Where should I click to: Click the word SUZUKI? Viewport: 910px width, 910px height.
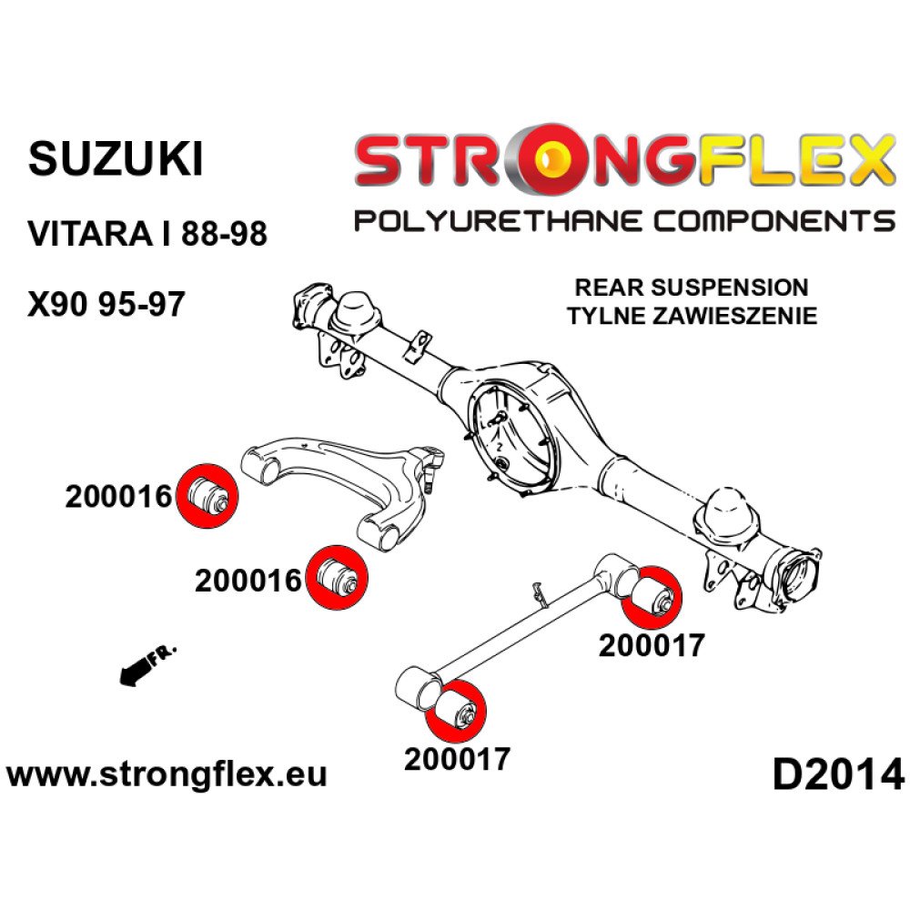click(x=116, y=159)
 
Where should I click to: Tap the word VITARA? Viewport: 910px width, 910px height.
click(x=87, y=234)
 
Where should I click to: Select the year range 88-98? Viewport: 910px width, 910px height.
click(x=224, y=234)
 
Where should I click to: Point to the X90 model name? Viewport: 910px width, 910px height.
click(x=59, y=304)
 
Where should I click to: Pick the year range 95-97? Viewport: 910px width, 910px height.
click(x=142, y=304)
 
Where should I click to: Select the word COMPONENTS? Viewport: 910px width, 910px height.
click(x=774, y=221)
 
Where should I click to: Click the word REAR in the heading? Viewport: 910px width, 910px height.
click(x=609, y=288)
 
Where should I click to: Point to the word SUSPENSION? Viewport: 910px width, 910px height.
click(x=730, y=288)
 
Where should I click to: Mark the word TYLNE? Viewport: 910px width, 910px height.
click(x=606, y=317)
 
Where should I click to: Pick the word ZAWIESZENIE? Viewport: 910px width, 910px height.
click(x=735, y=317)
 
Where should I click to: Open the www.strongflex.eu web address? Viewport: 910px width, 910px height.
click(x=167, y=774)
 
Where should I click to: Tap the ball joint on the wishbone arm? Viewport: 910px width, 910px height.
click(x=432, y=465)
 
